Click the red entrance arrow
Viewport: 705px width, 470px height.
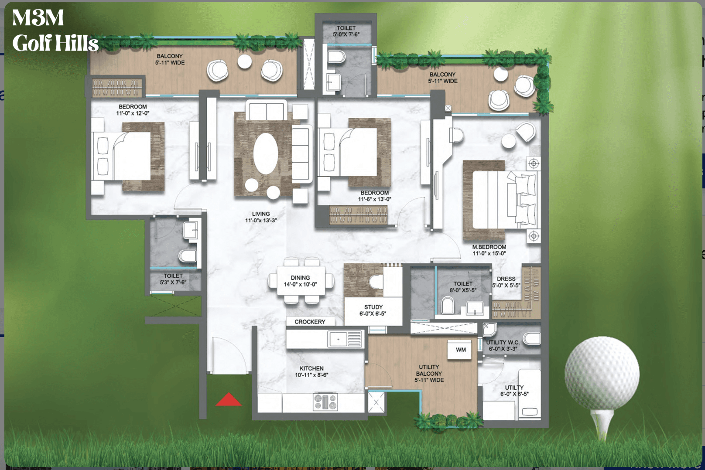[x=229, y=400]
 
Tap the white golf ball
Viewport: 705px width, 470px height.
[x=602, y=373]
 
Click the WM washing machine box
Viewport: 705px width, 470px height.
[x=460, y=350]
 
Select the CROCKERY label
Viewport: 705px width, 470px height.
[x=310, y=322]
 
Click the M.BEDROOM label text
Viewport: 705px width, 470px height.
[x=489, y=247]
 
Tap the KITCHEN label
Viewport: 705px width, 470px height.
[x=311, y=368]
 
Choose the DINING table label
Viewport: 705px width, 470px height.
[x=300, y=278]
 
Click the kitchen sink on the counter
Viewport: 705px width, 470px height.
[x=345, y=339]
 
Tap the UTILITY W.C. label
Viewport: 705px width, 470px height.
[x=503, y=342]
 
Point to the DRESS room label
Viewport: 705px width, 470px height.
[x=506, y=279]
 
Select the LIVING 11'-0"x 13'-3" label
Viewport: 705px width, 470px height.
[x=261, y=217]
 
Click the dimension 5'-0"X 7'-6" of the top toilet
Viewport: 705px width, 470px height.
[x=346, y=34]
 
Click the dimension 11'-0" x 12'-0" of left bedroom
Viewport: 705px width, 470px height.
[x=133, y=113]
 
